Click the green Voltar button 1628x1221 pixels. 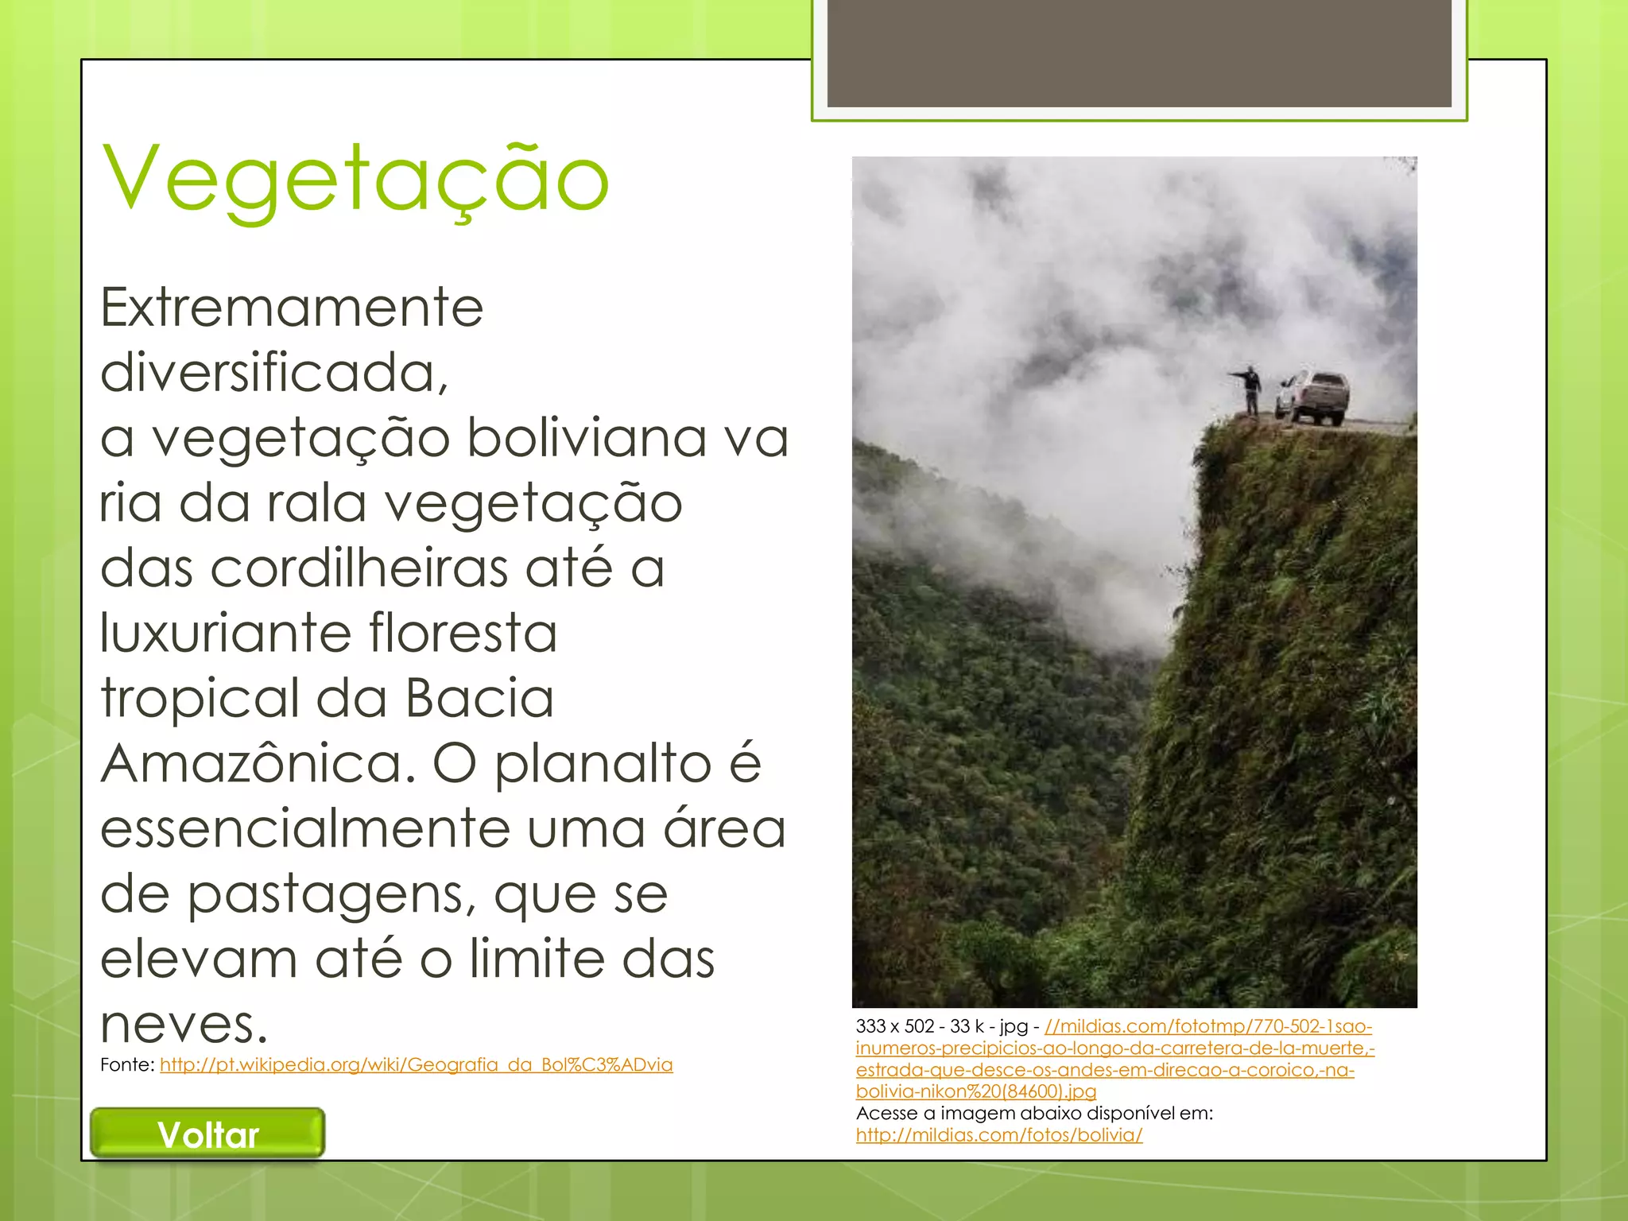pos(207,1134)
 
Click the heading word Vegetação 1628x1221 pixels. pos(355,180)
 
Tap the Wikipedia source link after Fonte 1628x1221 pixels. pos(416,1065)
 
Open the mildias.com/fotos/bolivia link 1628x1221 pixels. pos(999,1135)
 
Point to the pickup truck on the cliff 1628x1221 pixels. pos(1315,397)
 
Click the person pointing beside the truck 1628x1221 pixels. pos(1250,390)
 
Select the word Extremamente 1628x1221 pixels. pos(292,308)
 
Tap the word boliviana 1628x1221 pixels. pos(587,438)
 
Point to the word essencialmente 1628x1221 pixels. pos(304,829)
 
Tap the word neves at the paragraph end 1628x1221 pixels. pos(184,1025)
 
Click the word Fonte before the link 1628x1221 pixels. pos(126,1065)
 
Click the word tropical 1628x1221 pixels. pos(199,699)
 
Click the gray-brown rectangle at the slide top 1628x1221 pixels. pos(1138,52)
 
